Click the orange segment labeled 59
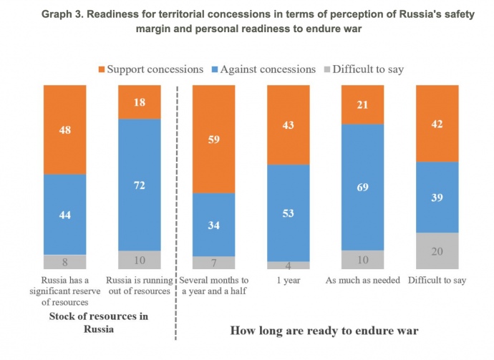coord(214,139)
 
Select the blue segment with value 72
coord(140,185)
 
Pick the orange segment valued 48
coord(65,130)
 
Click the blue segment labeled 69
coord(363,188)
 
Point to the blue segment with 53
coord(289,212)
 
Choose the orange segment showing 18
coord(140,102)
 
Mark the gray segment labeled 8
coord(65,262)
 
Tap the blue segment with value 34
coord(214,225)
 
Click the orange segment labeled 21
coord(363,104)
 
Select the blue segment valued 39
coord(437,197)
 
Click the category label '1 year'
coord(289,280)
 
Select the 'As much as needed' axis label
coord(362,280)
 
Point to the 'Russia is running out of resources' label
coord(140,285)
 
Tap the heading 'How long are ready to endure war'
coord(325,331)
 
